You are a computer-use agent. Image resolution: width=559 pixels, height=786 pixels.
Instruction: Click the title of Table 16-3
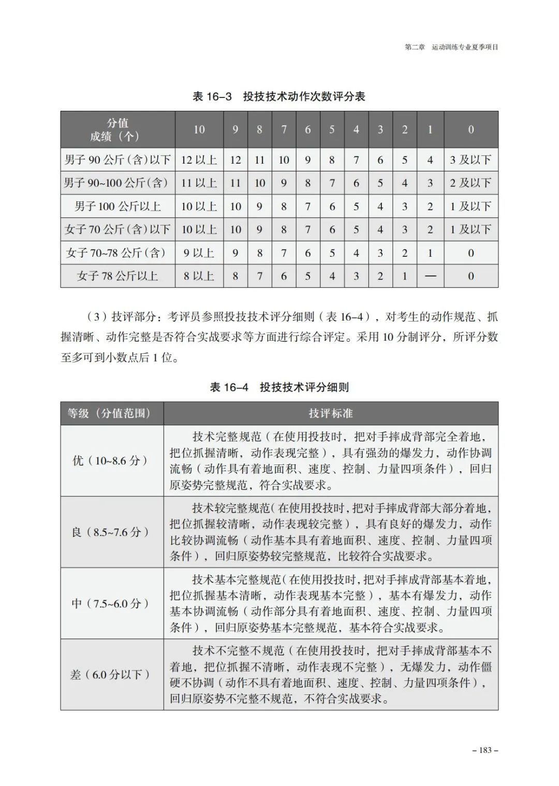coord(279,96)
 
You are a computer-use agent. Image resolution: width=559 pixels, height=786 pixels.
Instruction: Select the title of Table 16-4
coord(279,387)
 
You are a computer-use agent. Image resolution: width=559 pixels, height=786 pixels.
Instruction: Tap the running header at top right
coord(451,47)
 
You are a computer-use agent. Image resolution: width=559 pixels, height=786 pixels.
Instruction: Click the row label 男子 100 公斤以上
coord(117,207)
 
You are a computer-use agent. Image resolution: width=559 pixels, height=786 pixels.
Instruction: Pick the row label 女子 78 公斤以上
coord(117,276)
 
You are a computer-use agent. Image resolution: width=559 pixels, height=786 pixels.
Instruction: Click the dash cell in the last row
coord(430,276)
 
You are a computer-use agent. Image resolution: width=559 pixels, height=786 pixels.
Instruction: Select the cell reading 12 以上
coord(199,160)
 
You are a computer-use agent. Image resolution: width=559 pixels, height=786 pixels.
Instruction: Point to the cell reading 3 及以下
coord(470,160)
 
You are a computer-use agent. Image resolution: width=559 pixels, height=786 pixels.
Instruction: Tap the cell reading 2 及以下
coord(470,183)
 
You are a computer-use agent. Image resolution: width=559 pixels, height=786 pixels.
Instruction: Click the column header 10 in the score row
coord(199,129)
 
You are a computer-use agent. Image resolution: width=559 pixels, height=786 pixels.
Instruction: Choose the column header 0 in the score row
coord(470,129)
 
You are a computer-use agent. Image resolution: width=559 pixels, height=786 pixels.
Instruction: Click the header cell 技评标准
coord(331,413)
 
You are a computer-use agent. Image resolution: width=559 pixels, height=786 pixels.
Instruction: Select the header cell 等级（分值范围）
coord(112,413)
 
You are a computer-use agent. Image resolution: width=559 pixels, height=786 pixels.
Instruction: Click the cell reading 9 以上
coord(199,253)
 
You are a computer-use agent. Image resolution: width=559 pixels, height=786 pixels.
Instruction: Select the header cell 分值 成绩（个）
coord(117,129)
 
